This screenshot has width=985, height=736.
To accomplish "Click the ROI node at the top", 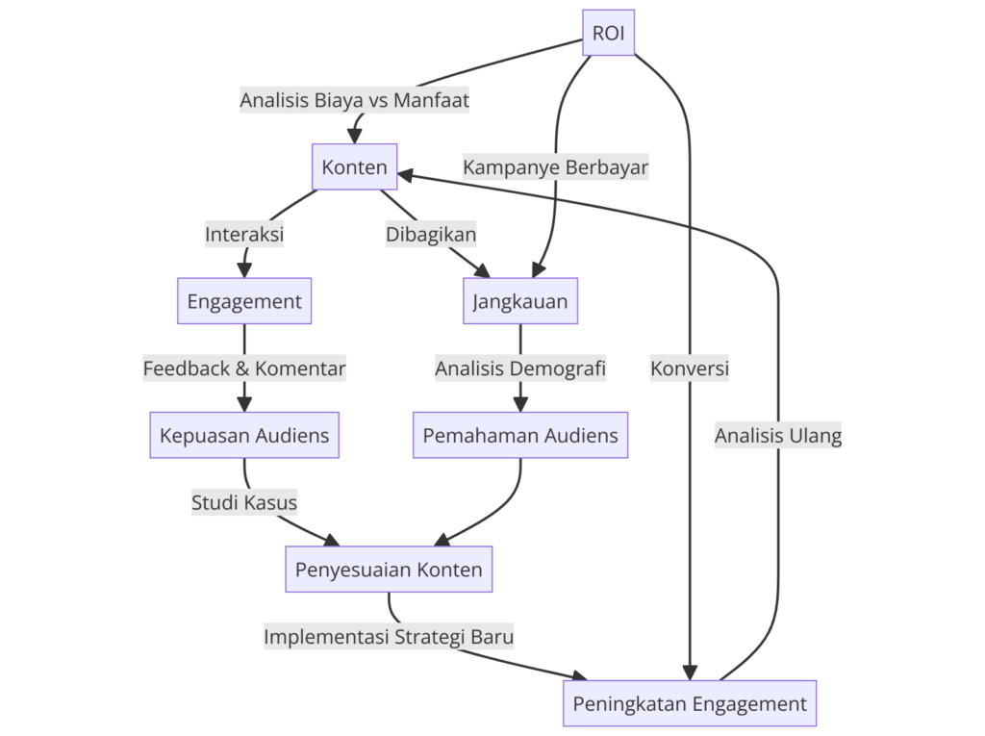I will [608, 33].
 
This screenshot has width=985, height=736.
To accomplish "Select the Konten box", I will [354, 167].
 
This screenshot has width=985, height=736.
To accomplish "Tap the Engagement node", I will [244, 301].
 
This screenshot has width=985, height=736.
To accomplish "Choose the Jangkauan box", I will [520, 301].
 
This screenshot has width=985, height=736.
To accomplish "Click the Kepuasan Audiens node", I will [244, 436].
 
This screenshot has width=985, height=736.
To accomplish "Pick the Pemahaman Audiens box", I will [520, 436].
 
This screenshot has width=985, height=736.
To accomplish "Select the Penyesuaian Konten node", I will [389, 570].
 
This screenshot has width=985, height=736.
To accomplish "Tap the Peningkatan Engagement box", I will [690, 703].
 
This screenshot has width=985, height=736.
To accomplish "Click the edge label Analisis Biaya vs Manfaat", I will [355, 100].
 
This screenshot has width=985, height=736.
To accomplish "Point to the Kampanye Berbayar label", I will [556, 167].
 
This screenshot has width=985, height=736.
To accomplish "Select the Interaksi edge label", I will [244, 234].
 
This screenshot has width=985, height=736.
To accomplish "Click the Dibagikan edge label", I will [431, 234].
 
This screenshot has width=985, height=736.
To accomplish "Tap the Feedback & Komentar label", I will [244, 368].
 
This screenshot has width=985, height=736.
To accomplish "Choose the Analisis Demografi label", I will [520, 368].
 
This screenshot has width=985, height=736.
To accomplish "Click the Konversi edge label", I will [690, 368].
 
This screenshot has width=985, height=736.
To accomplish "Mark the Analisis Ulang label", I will [778, 436].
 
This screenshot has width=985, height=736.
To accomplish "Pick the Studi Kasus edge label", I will [244, 502].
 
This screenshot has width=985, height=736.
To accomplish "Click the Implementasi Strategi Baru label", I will [389, 637].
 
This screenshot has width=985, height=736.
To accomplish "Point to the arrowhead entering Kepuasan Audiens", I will [244, 404].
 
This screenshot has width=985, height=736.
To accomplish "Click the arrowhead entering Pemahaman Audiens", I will [520, 404].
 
